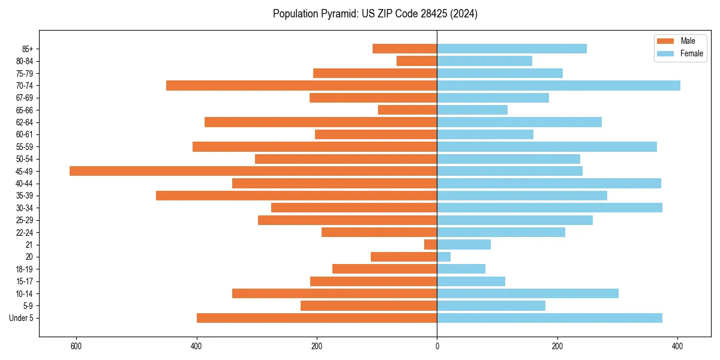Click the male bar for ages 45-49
(253, 171)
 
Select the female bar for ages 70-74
(559, 86)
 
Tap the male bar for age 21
(431, 245)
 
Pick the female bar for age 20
(444, 257)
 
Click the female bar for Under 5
(550, 318)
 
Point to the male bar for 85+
(405, 49)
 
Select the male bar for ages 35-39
(296, 196)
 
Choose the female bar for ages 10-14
(528, 293)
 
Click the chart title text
(375, 14)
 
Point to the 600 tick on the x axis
(76, 346)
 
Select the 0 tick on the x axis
(437, 346)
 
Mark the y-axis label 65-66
(25, 110)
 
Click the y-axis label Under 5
(22, 318)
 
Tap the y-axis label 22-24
(25, 232)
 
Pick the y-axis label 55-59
(25, 147)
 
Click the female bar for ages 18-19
(461, 269)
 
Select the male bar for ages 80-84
(417, 61)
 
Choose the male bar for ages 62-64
(321, 122)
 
